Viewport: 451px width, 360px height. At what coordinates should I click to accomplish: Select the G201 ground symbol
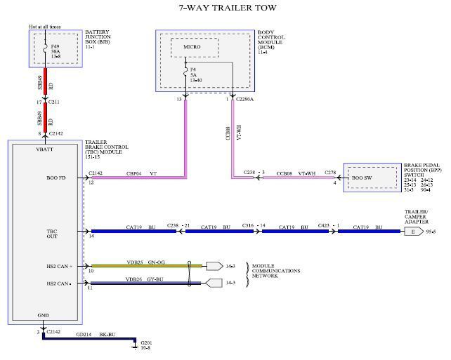coord(136,343)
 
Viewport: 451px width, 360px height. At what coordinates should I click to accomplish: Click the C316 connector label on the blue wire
coord(247,226)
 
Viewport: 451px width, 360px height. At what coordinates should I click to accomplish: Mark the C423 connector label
coord(325,226)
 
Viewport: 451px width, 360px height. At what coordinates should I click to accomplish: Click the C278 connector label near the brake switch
coord(330,172)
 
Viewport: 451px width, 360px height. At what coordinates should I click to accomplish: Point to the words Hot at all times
coord(44,26)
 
